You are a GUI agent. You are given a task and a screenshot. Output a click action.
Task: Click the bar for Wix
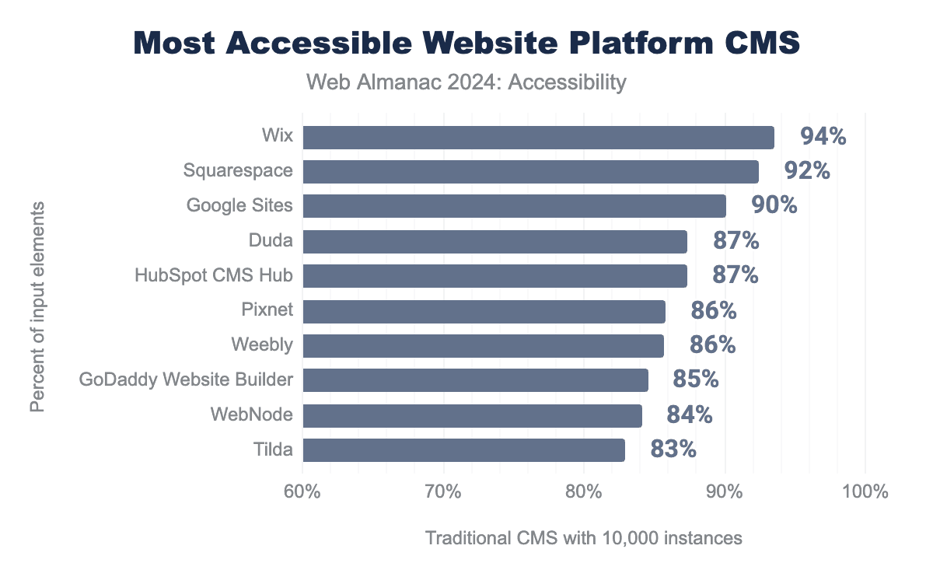click(x=538, y=138)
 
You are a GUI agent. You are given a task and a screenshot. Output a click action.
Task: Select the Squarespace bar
click(x=530, y=172)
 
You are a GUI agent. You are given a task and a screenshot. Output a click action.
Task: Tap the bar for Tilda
click(x=463, y=450)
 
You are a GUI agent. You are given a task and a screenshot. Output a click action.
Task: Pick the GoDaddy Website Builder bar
click(x=475, y=380)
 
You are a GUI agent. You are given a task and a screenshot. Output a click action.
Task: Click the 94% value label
click(x=823, y=137)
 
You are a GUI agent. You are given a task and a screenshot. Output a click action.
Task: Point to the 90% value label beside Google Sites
click(x=774, y=205)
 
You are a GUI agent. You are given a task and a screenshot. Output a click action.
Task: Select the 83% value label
click(x=673, y=449)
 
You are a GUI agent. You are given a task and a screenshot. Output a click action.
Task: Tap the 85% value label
click(x=696, y=379)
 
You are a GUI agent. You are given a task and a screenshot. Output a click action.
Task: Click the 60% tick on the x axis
click(x=302, y=492)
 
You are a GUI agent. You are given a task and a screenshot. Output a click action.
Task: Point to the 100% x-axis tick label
click(x=865, y=492)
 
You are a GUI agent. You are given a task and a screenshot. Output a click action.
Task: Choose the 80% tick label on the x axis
click(x=584, y=492)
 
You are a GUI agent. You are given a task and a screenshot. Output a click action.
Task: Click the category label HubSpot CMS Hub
click(x=214, y=275)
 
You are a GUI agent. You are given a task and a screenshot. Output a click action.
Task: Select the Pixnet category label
click(x=267, y=310)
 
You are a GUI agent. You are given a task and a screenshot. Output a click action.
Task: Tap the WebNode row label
click(x=251, y=414)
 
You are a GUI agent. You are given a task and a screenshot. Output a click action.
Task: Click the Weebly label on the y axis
click(x=262, y=345)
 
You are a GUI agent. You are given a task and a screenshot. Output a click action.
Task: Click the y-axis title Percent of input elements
click(x=37, y=306)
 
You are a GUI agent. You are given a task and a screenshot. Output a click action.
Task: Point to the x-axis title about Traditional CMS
click(x=584, y=538)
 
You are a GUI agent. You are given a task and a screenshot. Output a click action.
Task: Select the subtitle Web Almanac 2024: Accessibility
click(x=466, y=82)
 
